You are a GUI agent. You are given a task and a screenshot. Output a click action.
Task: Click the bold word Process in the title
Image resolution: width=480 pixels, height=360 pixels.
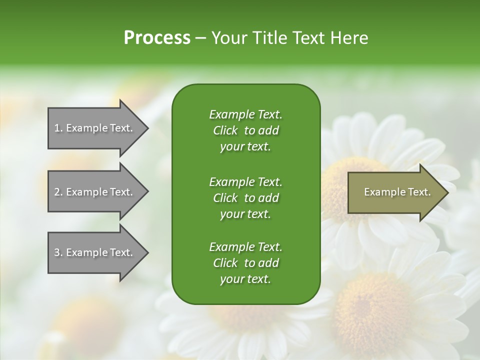157,38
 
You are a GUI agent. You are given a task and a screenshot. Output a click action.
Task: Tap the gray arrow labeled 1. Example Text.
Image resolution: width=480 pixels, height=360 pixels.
95,128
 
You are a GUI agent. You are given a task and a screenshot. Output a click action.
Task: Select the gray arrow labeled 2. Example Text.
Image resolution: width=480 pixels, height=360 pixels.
95,192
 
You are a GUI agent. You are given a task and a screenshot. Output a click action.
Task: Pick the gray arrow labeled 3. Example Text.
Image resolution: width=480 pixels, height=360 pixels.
95,252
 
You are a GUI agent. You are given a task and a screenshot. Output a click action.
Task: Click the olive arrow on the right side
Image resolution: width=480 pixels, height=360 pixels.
395,192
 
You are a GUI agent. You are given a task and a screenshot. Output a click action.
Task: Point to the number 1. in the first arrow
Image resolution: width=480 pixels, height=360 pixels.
58,128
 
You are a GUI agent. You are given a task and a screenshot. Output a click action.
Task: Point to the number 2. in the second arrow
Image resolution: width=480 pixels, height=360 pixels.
58,192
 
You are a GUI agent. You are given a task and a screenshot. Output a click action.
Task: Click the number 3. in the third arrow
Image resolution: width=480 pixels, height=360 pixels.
58,252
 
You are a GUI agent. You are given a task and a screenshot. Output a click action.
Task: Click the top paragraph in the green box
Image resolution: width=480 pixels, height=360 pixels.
245,130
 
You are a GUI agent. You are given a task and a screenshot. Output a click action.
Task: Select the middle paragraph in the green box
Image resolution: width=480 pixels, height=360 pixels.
245,198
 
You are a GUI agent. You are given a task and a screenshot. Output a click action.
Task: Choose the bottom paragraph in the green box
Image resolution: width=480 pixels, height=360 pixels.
245,263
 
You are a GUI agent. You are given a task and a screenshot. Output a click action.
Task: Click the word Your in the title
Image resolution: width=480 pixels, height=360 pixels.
227,38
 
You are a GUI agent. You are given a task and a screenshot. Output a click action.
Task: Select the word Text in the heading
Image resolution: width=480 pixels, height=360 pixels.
305,38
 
